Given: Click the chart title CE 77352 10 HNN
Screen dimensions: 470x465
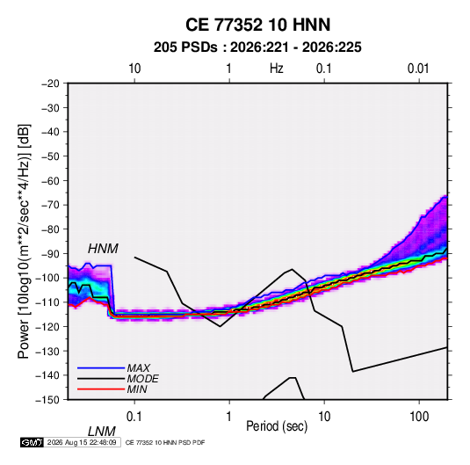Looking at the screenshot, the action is point(257,25).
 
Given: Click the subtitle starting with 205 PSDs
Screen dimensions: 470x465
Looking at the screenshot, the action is point(257,47).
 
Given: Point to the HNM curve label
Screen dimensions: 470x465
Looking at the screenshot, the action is point(103,249).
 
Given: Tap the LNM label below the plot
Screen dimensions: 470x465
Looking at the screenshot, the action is point(101,432).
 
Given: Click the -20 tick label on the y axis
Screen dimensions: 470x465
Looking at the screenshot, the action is point(50,84).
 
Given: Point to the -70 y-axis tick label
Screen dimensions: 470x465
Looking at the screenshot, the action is point(50,205).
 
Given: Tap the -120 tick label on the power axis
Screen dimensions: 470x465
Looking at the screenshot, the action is point(47,326).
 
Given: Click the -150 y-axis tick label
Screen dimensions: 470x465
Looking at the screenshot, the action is point(47,400).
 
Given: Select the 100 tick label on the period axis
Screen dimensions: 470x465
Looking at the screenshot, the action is point(419,417).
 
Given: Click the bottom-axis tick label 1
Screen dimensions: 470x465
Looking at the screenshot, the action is point(229,417).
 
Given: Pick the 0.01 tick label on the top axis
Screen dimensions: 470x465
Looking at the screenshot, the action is point(418,69).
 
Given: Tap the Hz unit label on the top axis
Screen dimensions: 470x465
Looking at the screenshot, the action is point(277,69).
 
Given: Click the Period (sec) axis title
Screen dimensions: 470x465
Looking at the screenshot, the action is point(277,426).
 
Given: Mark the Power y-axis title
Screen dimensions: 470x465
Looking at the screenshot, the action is point(24,241).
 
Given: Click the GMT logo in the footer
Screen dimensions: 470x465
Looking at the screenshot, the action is point(32,442).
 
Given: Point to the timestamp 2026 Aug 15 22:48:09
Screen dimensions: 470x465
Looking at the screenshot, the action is point(82,442).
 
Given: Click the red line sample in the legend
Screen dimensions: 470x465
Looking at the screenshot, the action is point(101,389).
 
